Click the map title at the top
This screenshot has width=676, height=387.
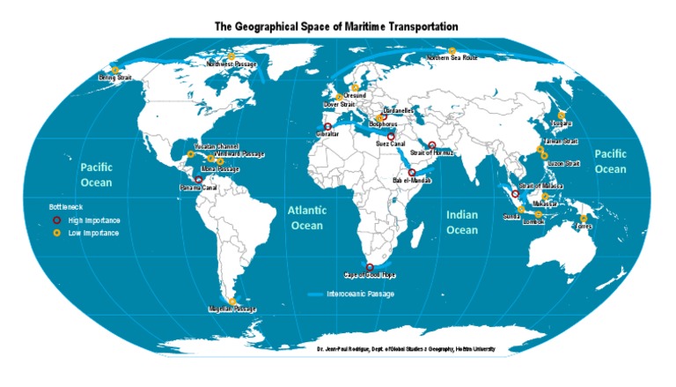coord(338,27)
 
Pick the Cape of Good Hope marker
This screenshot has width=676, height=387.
coord(370,267)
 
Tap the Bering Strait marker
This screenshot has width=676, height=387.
coord(114,70)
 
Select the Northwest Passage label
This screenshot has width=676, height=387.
coord(232,64)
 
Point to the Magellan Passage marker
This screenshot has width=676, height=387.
coord(232,301)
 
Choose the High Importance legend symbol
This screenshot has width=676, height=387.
coord(56,220)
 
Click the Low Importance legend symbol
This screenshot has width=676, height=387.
coord(56,233)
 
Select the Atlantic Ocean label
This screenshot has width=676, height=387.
coord(307,218)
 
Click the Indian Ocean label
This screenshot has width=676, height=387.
coord(462,222)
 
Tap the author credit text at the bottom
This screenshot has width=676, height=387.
coord(406,349)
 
